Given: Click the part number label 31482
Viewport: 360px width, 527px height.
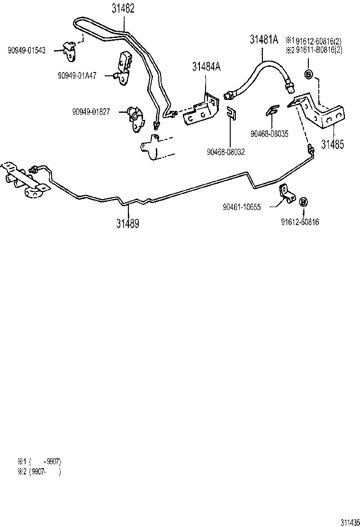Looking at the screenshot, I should [x=123, y=9].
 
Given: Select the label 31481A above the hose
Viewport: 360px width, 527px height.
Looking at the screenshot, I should [x=264, y=39].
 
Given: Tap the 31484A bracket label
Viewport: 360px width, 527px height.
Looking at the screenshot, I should [x=207, y=67].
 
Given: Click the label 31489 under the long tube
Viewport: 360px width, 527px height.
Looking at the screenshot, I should [x=128, y=223].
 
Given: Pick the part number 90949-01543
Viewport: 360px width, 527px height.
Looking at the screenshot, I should [x=27, y=50].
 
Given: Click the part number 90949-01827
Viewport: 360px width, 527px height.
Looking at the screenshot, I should [x=91, y=112].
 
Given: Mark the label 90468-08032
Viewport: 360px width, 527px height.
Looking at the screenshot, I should [x=225, y=152].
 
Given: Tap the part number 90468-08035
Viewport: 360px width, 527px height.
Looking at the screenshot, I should [x=270, y=134].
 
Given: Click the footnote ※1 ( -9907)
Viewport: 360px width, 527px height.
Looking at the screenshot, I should [x=39, y=461].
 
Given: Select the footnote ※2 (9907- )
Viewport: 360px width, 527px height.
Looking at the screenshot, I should [x=39, y=471].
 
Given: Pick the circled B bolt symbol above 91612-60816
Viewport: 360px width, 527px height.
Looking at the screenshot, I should [x=304, y=202].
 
